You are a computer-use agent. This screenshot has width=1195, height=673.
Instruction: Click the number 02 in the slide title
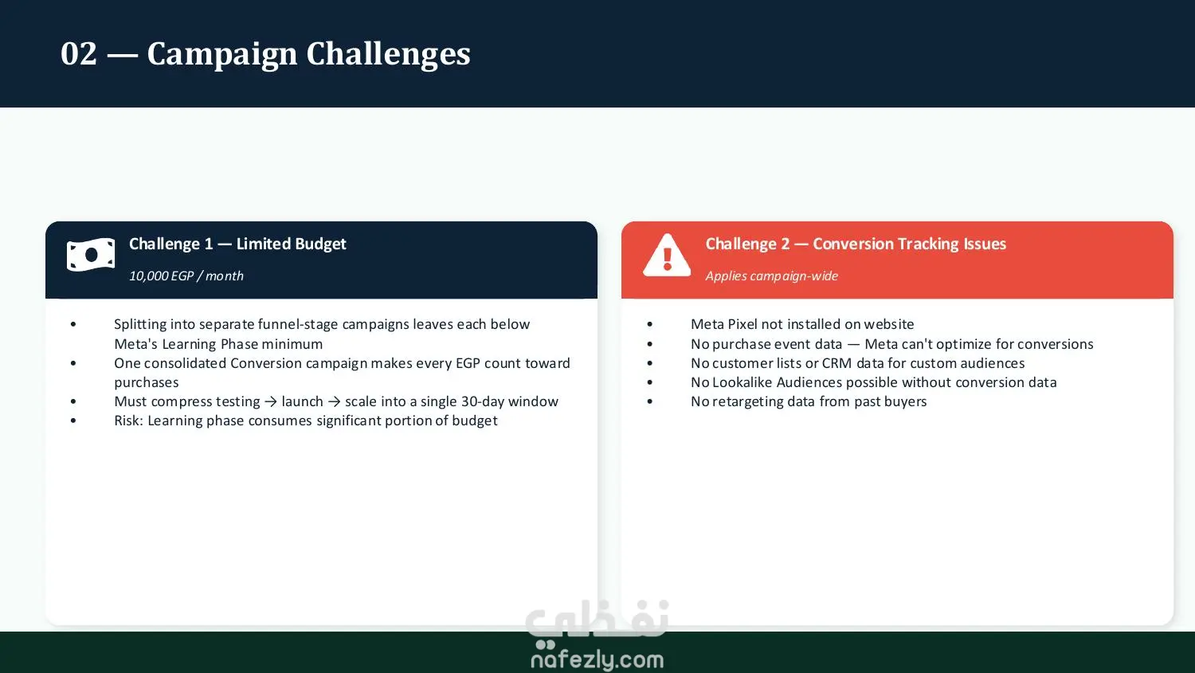click(79, 54)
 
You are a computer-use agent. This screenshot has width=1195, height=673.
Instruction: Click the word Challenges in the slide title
click(389, 54)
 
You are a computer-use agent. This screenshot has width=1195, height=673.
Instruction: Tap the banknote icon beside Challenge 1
click(91, 255)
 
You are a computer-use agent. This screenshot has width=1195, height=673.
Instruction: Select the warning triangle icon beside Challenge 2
click(667, 256)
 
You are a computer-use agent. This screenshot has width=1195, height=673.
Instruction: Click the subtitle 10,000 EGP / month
click(186, 276)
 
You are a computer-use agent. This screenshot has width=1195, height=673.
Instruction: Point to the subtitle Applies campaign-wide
click(771, 276)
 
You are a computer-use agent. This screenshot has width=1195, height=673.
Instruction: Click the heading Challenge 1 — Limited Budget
click(237, 244)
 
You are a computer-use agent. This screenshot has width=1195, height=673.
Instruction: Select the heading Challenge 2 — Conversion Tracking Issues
click(856, 244)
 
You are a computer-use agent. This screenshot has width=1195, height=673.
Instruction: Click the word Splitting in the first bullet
click(139, 325)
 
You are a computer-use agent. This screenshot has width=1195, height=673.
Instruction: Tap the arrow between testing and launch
click(271, 401)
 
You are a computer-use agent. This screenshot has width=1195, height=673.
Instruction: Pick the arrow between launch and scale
click(334, 401)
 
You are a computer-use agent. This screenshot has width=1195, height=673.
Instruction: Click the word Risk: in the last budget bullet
click(128, 421)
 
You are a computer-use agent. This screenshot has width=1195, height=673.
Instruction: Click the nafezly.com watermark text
click(597, 659)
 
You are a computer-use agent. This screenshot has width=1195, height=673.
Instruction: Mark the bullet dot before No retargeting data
click(650, 401)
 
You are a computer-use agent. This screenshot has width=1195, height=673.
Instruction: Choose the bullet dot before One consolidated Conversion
click(73, 362)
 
